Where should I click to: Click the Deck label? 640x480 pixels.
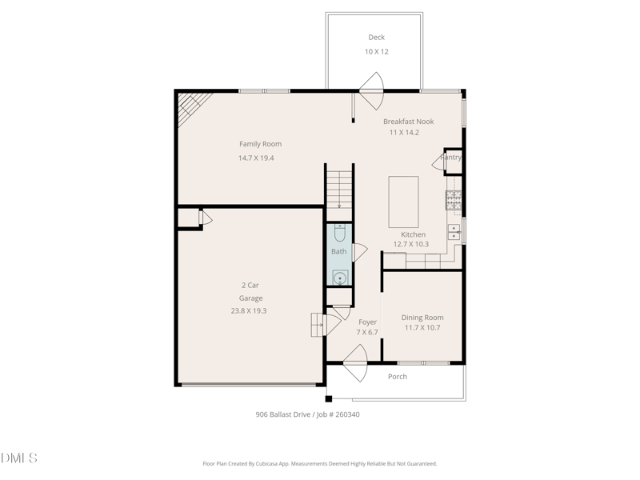click(376, 37)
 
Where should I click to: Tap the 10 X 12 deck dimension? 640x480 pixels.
click(376, 52)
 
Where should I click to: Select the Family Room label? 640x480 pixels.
click(261, 144)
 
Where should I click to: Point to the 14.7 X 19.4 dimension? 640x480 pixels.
click(256, 158)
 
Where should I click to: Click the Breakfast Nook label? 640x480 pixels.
click(409, 122)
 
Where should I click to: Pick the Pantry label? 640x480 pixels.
click(451, 157)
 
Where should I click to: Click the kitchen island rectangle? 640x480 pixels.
click(403, 202)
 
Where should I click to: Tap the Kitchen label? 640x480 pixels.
click(413, 234)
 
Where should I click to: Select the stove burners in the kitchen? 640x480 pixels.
click(454, 200)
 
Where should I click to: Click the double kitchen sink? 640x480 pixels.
click(454, 232)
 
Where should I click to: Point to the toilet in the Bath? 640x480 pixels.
click(339, 233)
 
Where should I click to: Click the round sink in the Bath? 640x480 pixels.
click(339, 278)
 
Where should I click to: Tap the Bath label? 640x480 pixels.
click(338, 251)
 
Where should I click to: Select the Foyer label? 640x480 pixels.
click(367, 322)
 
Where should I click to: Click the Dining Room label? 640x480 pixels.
click(422, 318)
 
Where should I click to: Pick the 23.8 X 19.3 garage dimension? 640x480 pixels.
click(249, 310)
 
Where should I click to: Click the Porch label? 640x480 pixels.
click(397, 376)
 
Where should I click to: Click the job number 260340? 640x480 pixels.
click(347, 414)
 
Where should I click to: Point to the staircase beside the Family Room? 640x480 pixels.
click(339, 190)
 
